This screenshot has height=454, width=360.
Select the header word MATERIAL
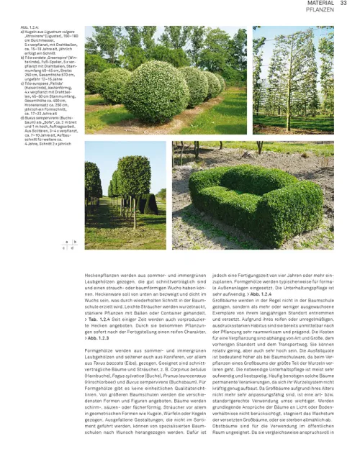[320, 4]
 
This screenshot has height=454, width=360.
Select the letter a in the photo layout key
[67, 242]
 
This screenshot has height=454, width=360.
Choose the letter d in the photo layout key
[75, 249]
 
